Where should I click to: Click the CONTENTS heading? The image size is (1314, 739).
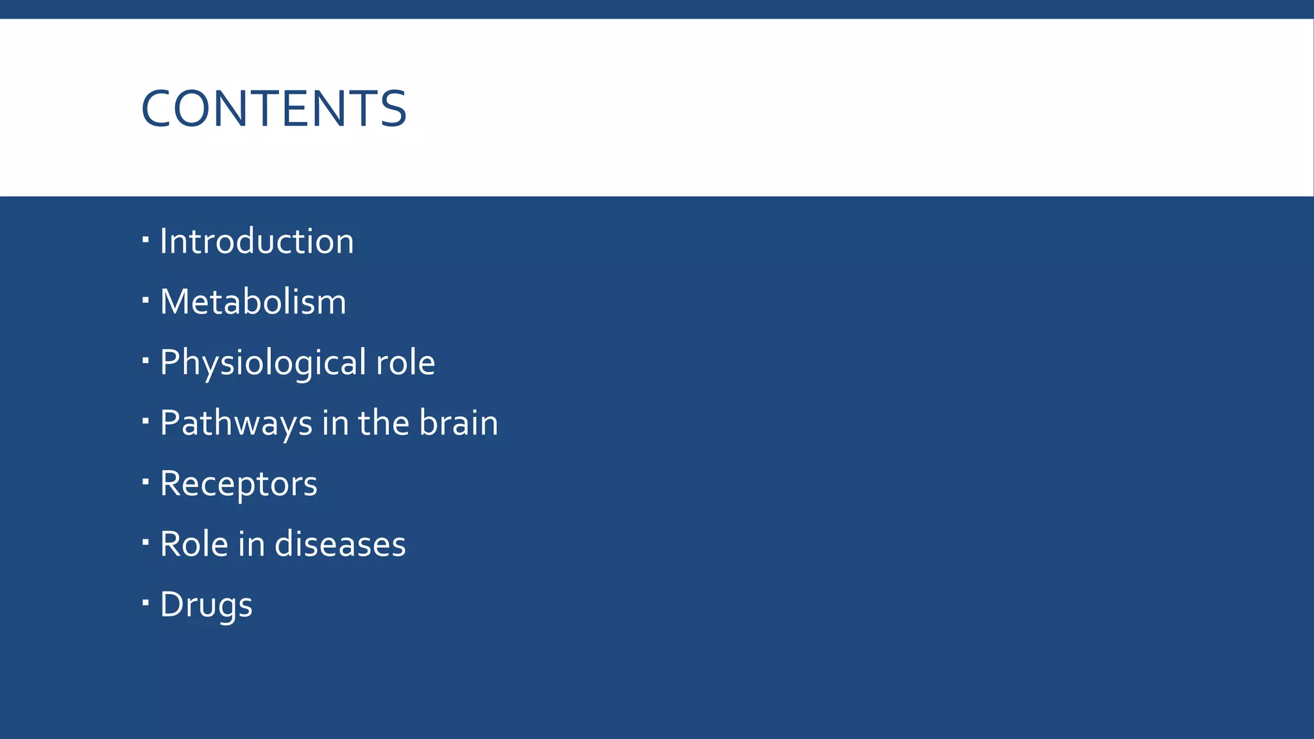click(x=274, y=108)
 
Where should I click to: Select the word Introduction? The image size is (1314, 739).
click(x=257, y=242)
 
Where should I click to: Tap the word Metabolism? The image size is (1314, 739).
click(x=253, y=302)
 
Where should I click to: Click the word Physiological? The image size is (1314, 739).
click(x=263, y=363)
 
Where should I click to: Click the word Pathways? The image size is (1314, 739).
click(x=236, y=423)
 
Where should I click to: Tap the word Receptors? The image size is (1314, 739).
click(x=239, y=484)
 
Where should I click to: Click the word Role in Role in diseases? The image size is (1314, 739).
click(x=194, y=545)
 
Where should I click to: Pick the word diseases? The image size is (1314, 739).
click(x=340, y=545)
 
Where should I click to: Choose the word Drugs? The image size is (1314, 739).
click(x=206, y=606)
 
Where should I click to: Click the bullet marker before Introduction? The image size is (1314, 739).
click(x=146, y=240)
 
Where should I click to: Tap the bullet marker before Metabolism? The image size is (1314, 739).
click(x=146, y=300)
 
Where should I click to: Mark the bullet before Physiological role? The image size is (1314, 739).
click(x=146, y=361)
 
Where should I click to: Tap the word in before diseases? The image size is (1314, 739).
click(x=251, y=545)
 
